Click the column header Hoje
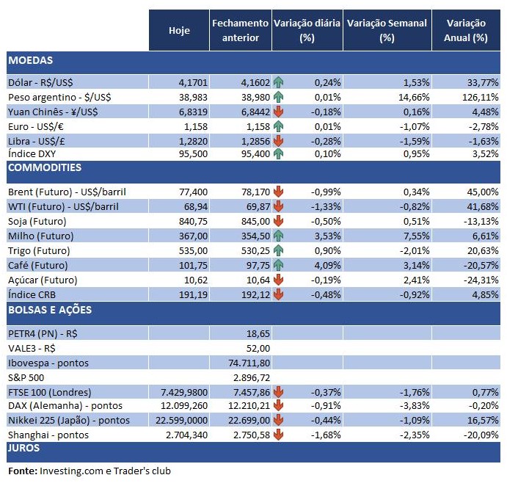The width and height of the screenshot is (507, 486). click(179, 30)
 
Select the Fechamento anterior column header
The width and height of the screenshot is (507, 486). click(240, 30)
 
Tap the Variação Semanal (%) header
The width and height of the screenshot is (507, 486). click(387, 30)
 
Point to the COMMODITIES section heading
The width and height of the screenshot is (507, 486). click(44, 167)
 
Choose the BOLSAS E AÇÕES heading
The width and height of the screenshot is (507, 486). click(50, 310)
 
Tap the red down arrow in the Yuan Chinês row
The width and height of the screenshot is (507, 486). click(278, 112)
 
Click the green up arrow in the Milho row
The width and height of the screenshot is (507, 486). click(278, 235)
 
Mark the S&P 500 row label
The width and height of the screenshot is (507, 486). click(26, 377)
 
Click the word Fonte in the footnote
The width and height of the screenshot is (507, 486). click(22, 470)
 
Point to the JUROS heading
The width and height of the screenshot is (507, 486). click(23, 447)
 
